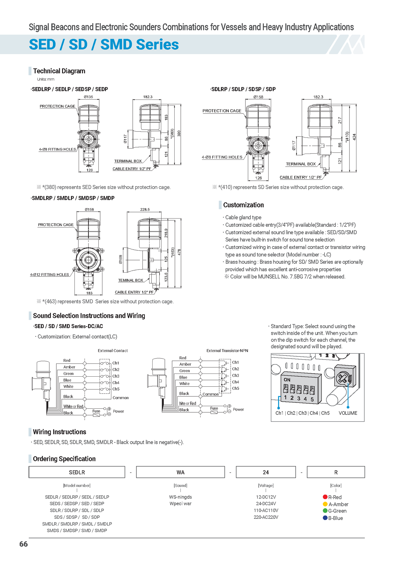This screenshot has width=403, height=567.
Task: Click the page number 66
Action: [23, 544]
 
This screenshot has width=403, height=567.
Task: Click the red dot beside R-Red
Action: [325, 497]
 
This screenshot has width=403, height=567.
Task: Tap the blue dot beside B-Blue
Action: [325, 518]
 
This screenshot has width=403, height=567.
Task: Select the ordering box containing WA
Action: [180, 472]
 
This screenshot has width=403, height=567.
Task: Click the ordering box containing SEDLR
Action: [77, 472]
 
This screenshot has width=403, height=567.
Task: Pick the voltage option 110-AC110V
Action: [266, 510]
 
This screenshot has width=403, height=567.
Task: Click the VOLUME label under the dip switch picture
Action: [348, 413]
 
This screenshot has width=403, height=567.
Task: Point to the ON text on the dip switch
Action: [287, 380]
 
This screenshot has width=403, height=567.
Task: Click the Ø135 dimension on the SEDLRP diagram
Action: [88, 97]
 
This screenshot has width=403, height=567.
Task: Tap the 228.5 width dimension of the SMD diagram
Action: [145, 209]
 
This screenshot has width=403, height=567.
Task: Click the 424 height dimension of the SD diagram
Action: [354, 137]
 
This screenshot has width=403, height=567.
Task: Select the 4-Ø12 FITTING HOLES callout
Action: [49, 274]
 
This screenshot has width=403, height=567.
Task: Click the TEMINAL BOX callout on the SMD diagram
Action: [131, 280]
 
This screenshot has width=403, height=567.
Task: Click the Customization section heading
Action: [243, 205]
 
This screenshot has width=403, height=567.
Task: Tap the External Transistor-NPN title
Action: [227, 350]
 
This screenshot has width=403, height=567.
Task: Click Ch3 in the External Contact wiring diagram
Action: [116, 376]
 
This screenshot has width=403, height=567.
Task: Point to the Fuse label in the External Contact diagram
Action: [96, 411]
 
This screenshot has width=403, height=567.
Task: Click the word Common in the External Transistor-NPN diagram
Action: [211, 394]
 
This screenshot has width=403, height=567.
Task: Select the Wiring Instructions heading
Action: [59, 432]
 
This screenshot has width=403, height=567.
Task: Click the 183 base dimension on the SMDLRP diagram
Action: [89, 293]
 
